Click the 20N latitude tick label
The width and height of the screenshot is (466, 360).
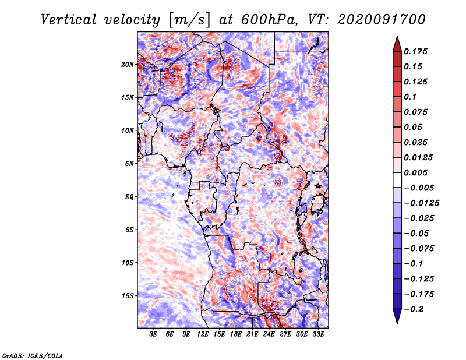pos(128,64)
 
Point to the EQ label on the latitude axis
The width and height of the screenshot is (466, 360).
pos(129,196)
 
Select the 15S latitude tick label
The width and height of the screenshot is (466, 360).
pos(128,295)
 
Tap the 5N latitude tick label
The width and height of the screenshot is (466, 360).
pos(129,163)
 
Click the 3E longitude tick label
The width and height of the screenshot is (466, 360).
pos(154,334)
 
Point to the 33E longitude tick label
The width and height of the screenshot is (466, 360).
pos(318,334)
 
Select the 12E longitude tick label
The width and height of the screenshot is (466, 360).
pos(203,334)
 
